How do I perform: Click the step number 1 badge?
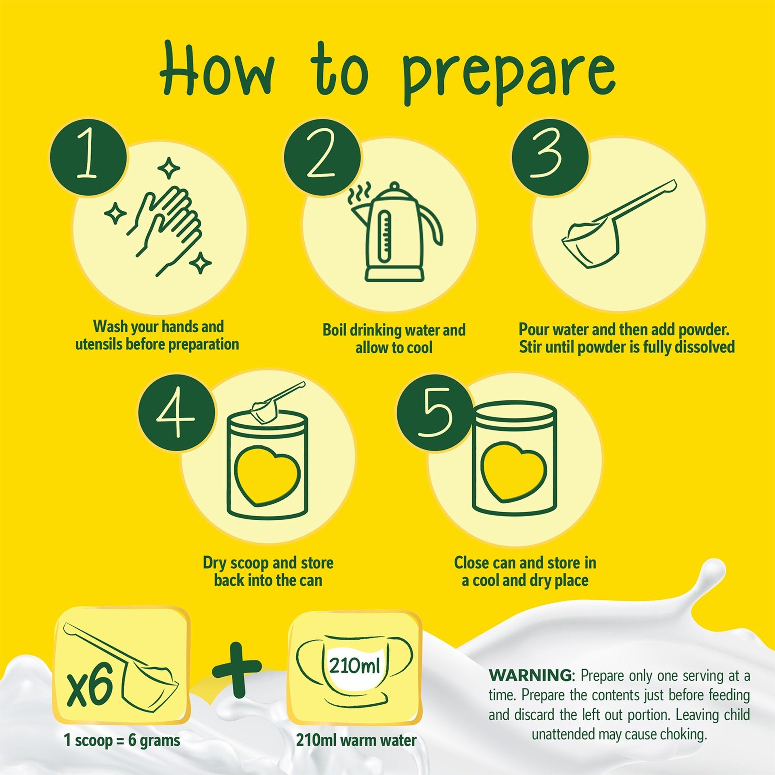88,159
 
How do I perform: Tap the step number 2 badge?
322,159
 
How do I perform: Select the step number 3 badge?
550,159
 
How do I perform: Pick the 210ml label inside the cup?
354,666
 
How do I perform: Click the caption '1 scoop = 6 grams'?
122,740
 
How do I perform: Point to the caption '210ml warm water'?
356,740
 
